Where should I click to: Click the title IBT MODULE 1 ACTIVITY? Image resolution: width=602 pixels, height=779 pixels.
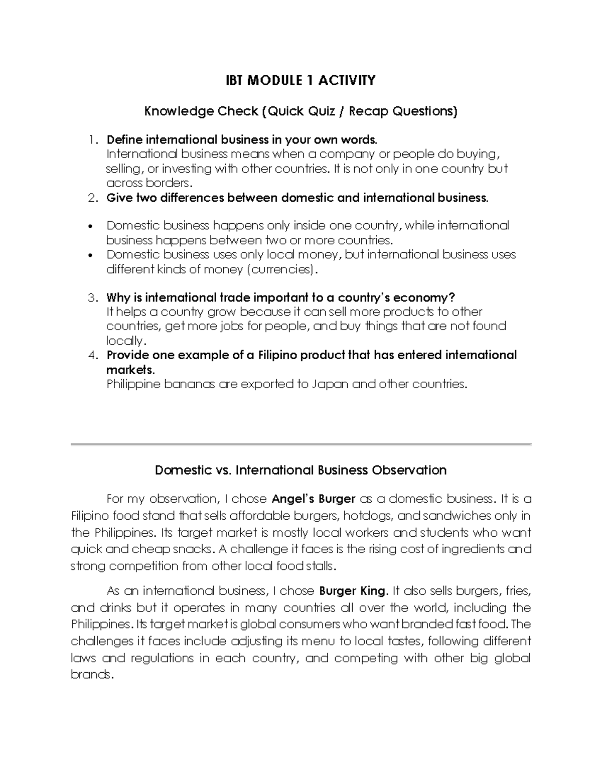point(300,80)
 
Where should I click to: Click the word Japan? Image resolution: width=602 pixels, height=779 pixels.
point(330,384)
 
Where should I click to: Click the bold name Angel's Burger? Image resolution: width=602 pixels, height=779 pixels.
point(313,499)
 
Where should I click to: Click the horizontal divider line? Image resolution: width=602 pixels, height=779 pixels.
point(300,444)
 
